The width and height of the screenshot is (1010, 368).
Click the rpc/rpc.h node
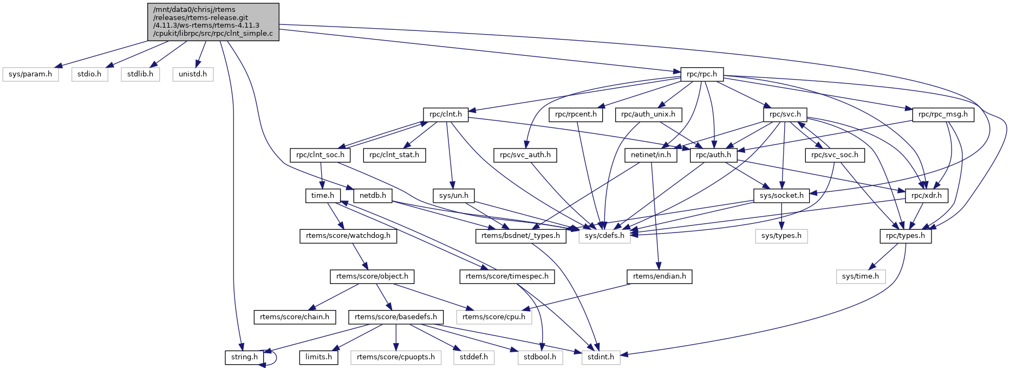(701, 74)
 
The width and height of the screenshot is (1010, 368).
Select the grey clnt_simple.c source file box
(213, 22)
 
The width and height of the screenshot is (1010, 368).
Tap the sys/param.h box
(30, 74)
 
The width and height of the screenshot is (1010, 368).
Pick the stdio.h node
(89, 74)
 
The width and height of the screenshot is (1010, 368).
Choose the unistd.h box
(193, 74)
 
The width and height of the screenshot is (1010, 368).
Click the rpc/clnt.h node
(446, 114)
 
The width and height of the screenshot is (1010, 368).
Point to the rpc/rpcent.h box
(576, 114)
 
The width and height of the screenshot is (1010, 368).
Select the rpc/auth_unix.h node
(648, 114)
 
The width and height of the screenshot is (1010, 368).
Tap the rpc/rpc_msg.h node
(943, 114)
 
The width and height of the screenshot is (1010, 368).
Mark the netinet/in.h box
(651, 155)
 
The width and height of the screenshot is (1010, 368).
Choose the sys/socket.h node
(781, 195)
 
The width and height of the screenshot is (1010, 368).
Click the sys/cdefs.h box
(604, 236)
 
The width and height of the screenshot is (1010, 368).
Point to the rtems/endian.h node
(659, 276)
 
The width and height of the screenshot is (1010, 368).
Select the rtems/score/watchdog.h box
(348, 236)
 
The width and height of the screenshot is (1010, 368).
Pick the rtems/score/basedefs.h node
(396, 317)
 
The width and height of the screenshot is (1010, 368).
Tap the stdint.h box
(601, 357)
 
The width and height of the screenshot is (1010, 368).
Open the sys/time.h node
(861, 276)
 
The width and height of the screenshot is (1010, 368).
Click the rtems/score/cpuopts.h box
(396, 357)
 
